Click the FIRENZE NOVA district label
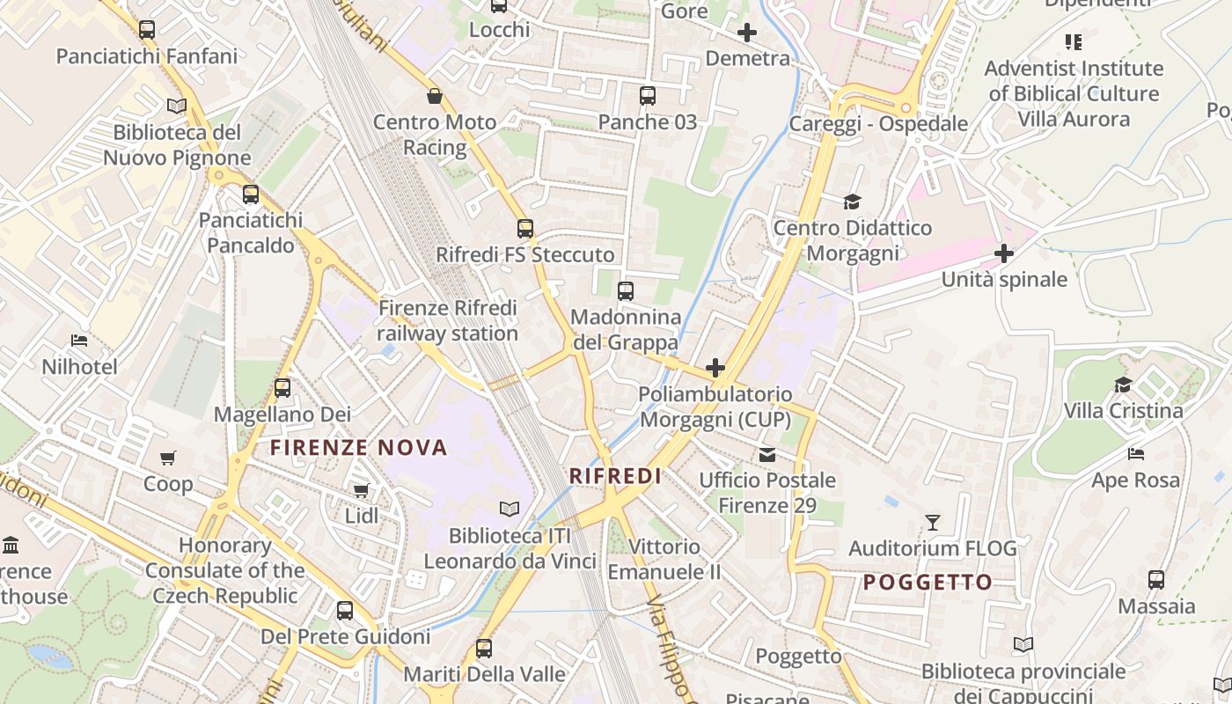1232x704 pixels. [358, 448]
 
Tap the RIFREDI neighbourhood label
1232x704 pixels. [615, 476]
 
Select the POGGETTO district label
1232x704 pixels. [928, 582]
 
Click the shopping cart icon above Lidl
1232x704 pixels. [361, 490]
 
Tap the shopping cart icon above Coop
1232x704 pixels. [168, 458]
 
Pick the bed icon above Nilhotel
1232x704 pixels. [79, 340]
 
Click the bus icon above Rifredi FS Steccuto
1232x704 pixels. [525, 229]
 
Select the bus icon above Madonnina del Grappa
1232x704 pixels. [626, 290]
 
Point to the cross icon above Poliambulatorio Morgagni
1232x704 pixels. [715, 367]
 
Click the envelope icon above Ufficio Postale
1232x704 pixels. [767, 454]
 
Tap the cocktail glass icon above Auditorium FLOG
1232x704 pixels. [933, 523]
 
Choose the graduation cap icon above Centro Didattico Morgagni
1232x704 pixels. [852, 202]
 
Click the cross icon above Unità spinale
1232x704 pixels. [1004, 253]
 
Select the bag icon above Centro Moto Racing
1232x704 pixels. [434, 96]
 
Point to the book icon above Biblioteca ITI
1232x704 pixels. [510, 509]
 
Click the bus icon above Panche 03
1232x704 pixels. [648, 96]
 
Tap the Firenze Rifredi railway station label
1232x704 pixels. [448, 321]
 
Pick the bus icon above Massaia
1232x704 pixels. [1156, 580]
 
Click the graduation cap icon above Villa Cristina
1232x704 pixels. [1123, 385]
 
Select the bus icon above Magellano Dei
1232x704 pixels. [282, 387]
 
